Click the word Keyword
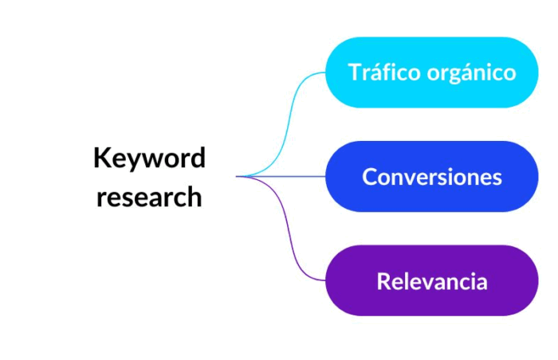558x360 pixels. click(x=149, y=158)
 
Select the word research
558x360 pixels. click(x=149, y=197)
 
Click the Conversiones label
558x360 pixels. click(x=431, y=177)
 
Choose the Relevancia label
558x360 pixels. click(x=431, y=281)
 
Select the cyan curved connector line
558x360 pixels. click(x=283, y=119)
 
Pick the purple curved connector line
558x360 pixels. click(x=283, y=233)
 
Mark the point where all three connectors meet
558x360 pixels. click(x=238, y=177)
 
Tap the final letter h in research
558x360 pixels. click(x=195, y=196)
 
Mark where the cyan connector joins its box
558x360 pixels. click(x=325, y=72)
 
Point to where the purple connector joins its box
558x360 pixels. click(x=325, y=280)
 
